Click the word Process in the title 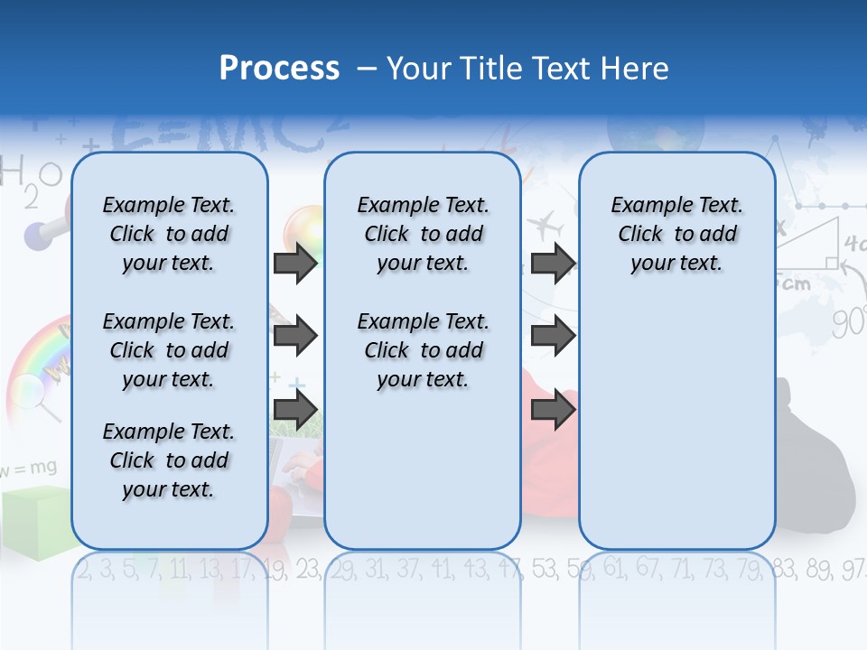279,69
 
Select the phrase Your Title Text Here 527,69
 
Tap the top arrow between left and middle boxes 295,263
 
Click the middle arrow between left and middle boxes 295,337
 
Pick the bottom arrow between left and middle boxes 295,410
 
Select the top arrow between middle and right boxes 553,263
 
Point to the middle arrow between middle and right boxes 553,337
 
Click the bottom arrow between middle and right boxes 553,410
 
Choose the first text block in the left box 169,234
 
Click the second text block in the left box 169,350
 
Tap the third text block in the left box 169,460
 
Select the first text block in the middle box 423,234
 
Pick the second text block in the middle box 423,350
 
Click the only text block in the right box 676,234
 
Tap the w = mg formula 29,469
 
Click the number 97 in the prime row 853,569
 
